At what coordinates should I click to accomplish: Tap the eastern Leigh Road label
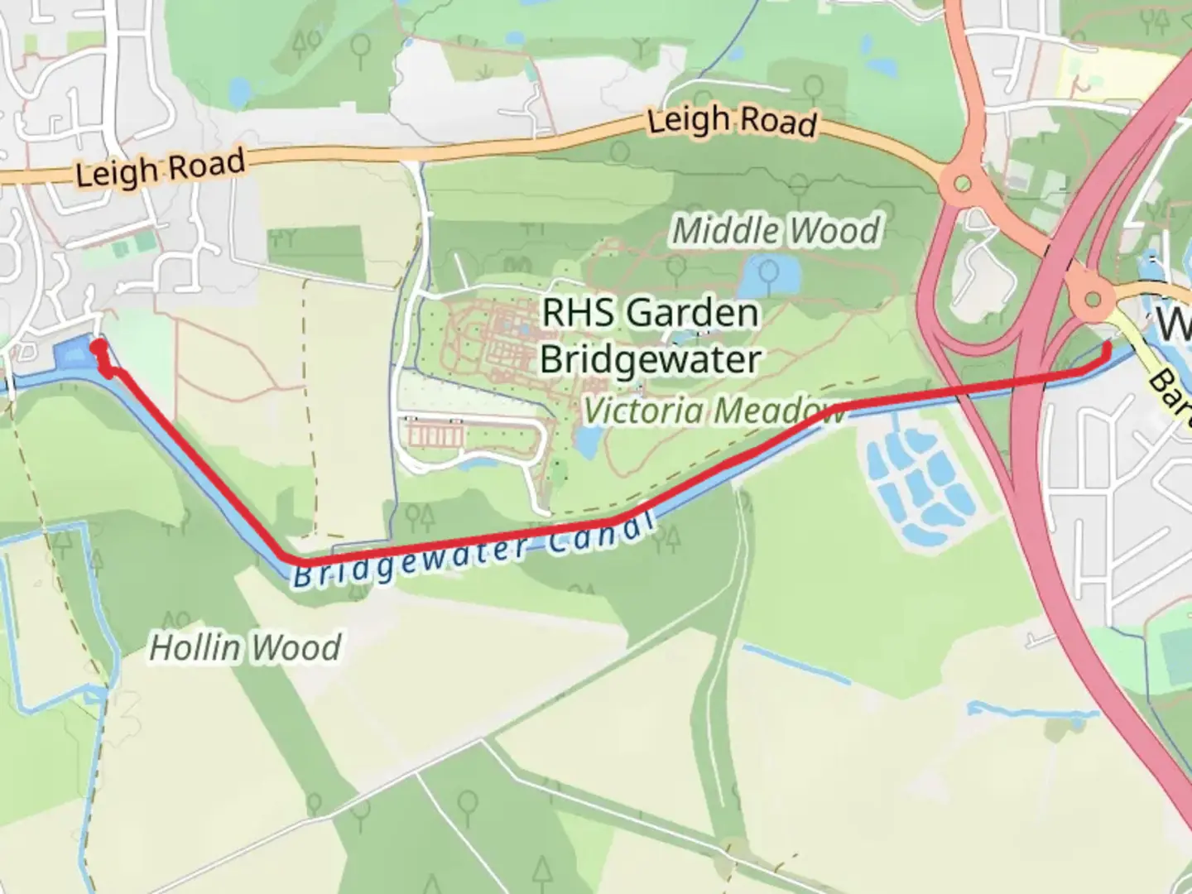(x=731, y=122)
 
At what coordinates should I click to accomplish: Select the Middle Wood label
(x=775, y=230)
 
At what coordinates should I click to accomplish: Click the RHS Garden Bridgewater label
(x=650, y=336)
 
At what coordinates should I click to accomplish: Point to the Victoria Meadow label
(x=714, y=411)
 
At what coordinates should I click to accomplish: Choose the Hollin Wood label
(x=244, y=647)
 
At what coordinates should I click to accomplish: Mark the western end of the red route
(x=98, y=346)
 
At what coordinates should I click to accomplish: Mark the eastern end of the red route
(x=1107, y=347)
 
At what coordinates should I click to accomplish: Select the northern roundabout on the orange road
(x=961, y=183)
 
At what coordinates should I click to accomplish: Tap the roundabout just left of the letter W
(x=1093, y=298)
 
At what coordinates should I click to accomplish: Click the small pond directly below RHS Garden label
(x=587, y=442)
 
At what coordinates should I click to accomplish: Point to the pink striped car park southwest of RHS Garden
(x=435, y=432)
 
